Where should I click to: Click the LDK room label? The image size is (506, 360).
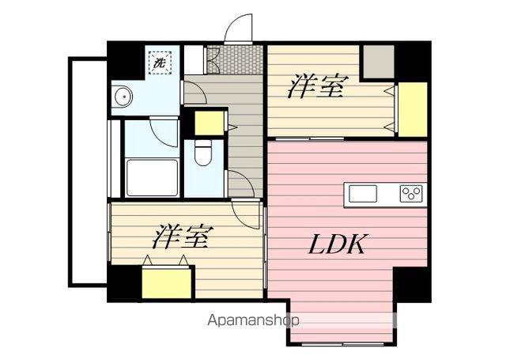click(338, 244)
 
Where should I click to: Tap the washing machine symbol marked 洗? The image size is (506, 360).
click(160, 63)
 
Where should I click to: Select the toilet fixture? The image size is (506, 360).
click(203, 153)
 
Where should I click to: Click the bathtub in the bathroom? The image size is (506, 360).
click(152, 177)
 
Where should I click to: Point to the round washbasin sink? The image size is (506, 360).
click(123, 97)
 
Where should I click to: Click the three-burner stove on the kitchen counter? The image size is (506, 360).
click(411, 194)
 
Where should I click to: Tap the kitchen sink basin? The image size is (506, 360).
click(363, 194)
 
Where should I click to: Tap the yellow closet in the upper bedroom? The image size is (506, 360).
click(413, 109)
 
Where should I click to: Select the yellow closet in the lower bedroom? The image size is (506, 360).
click(167, 283)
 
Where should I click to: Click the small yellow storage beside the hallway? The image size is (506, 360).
click(210, 123)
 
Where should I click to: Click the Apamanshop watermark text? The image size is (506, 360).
click(253, 320)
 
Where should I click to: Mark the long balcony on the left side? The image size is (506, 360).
click(88, 172)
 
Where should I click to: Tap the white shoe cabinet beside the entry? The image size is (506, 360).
click(194, 60)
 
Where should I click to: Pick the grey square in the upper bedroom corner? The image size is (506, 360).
click(379, 62)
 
